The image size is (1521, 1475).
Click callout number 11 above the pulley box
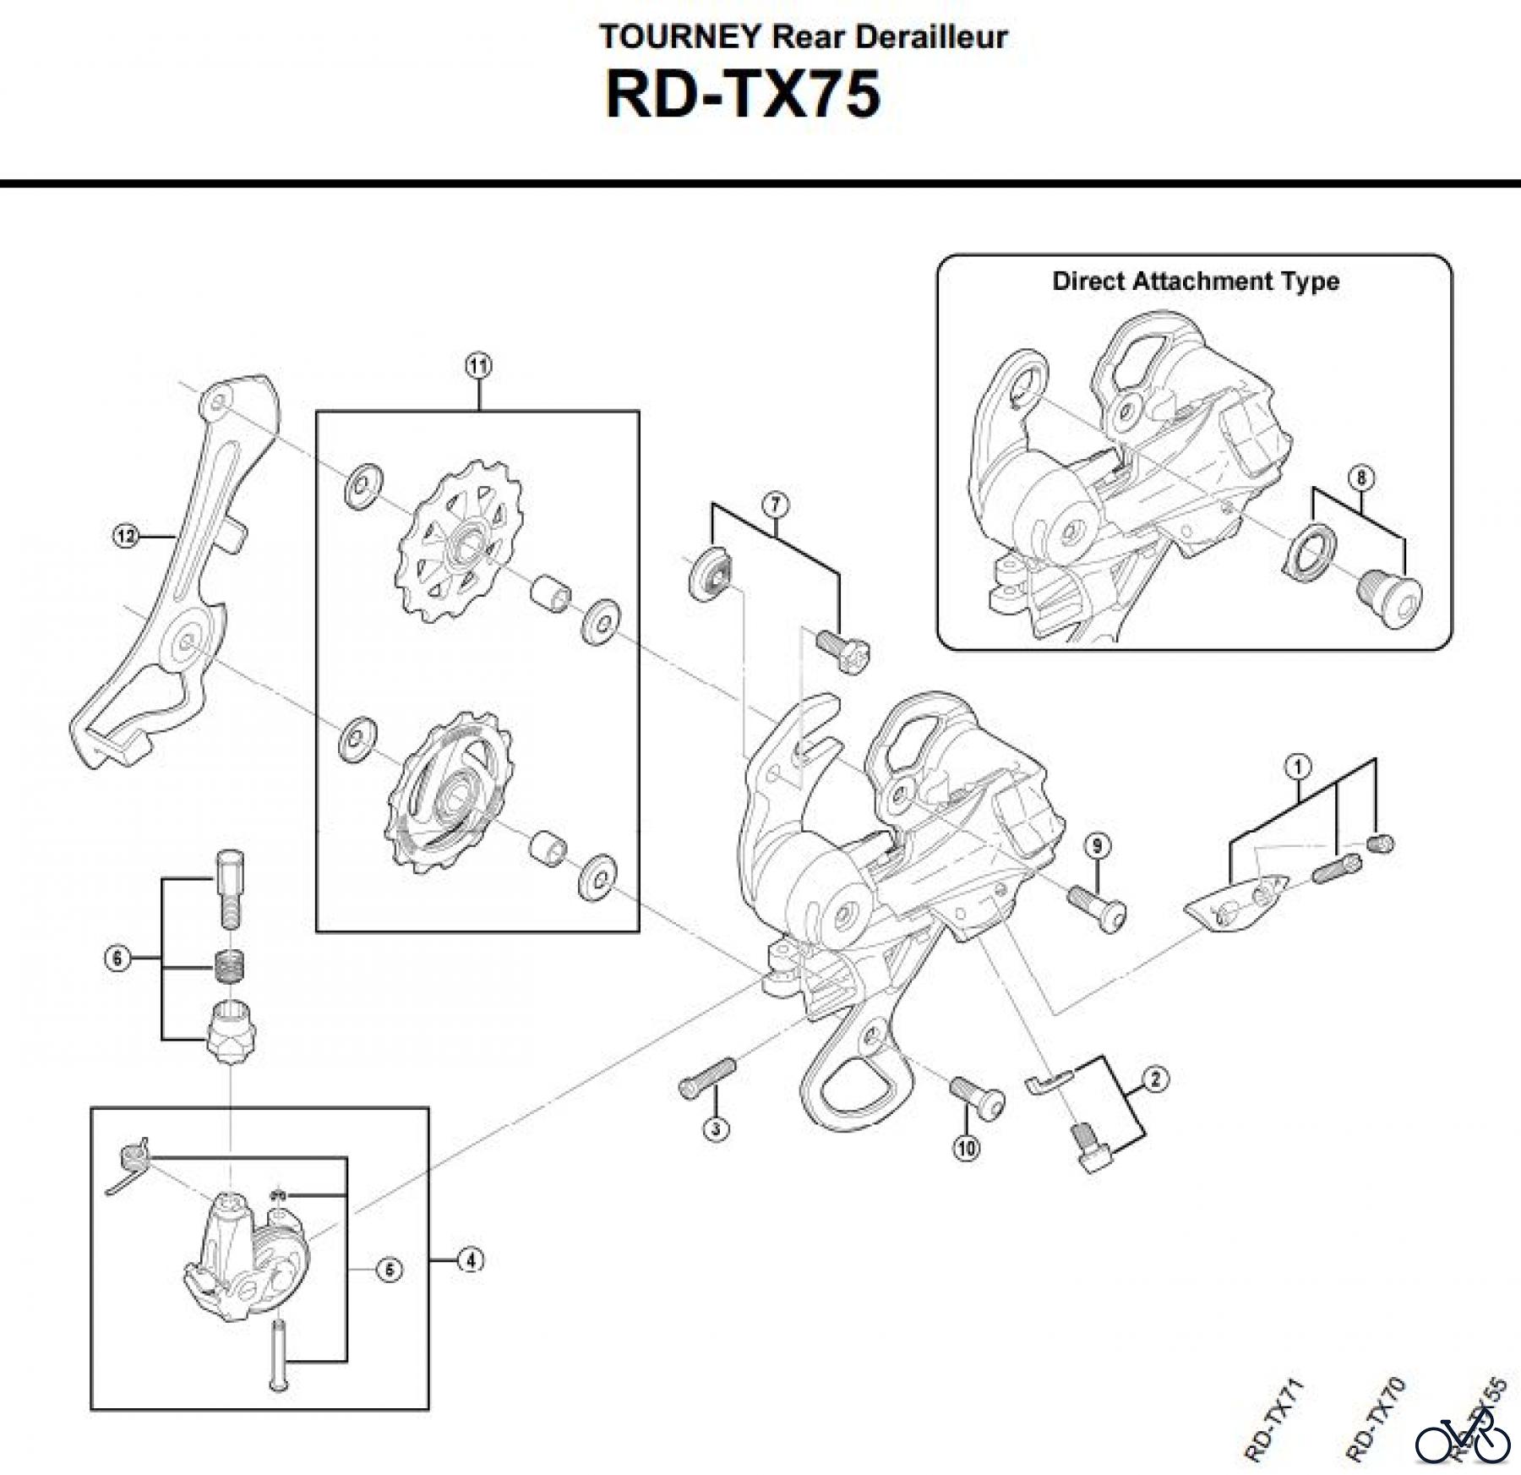478,366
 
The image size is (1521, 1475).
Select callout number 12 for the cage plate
125,535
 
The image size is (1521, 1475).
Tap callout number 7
776,505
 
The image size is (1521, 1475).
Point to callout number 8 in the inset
1360,478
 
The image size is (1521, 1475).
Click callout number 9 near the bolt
1097,845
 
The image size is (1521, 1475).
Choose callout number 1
1298,768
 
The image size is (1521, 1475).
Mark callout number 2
1155,1079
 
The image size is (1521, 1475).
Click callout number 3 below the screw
716,1128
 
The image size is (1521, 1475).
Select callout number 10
967,1147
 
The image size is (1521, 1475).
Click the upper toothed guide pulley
460,545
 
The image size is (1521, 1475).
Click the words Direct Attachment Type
1195,281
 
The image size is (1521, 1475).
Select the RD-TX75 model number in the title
744,95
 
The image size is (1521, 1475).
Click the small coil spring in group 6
226,964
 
